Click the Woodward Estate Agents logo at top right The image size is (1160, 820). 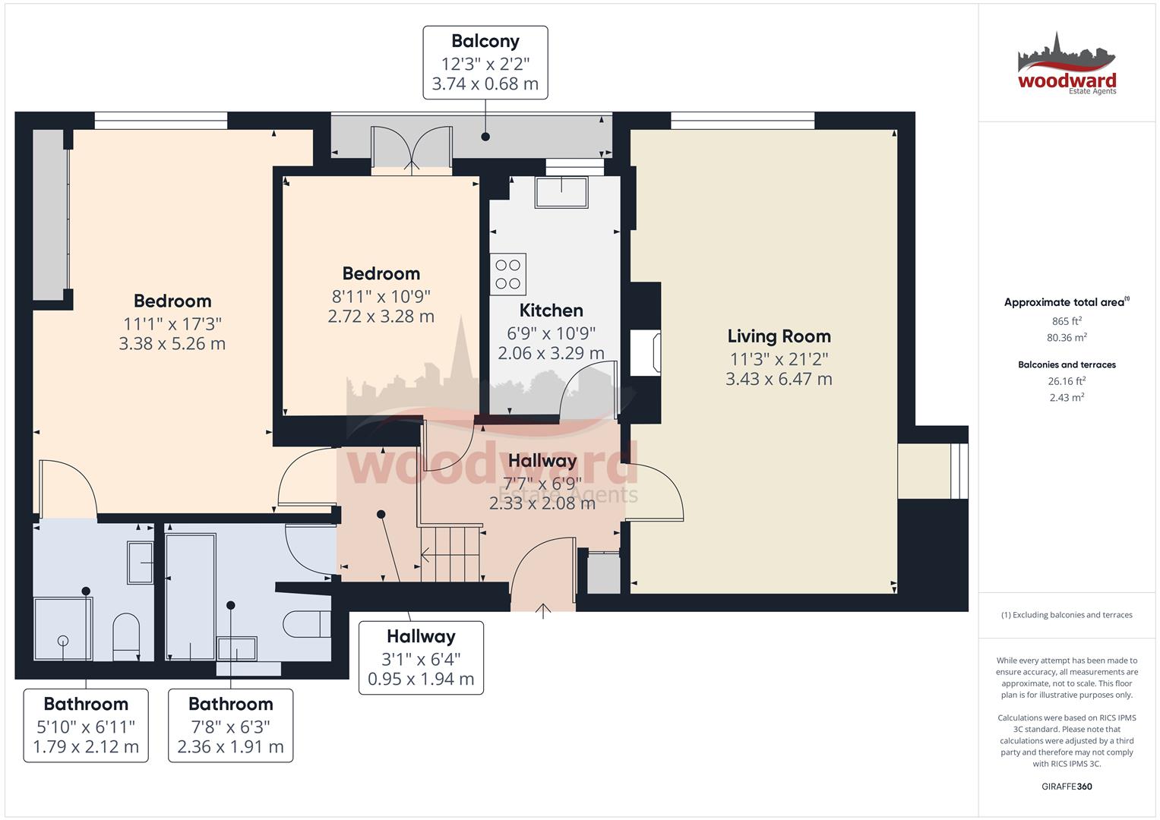(1067, 65)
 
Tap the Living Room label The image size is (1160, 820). (779, 336)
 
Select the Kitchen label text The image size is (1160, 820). (551, 311)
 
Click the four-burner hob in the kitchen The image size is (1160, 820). (508, 274)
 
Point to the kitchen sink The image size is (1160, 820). (561, 192)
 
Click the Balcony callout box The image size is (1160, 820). (485, 62)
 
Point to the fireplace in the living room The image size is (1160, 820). (646, 353)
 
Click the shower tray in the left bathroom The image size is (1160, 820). (63, 629)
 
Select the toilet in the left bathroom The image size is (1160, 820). (126, 636)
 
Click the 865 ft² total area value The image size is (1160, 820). (1067, 321)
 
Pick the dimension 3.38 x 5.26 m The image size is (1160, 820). (172, 344)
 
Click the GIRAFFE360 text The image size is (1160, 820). (1067, 787)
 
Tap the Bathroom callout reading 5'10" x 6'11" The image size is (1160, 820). (86, 725)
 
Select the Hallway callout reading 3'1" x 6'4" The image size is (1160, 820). (421, 658)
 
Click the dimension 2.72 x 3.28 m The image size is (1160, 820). (381, 317)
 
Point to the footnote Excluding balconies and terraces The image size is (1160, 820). (1067, 615)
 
